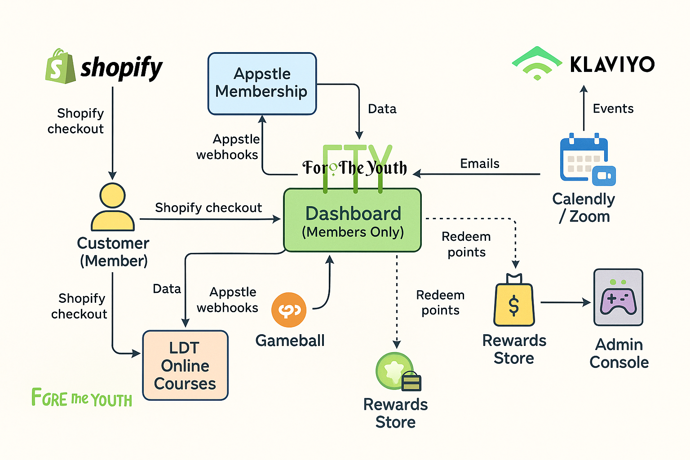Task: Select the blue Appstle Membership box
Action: point(262,84)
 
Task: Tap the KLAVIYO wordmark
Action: point(612,65)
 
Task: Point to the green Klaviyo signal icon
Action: point(537,63)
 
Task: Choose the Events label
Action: point(613,109)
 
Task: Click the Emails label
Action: point(479,164)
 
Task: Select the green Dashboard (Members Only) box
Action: point(353,220)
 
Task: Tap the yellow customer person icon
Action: point(113,207)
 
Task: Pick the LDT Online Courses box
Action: point(185,365)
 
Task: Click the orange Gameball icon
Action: point(289,310)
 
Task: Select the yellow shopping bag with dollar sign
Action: point(514,301)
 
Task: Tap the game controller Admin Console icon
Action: point(618,297)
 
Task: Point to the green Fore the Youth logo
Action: point(82,398)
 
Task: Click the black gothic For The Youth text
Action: point(355,168)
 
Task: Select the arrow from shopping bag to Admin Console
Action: point(565,303)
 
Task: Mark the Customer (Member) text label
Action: point(113,252)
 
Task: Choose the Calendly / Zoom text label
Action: point(584,208)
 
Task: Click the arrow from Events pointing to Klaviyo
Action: point(584,108)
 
